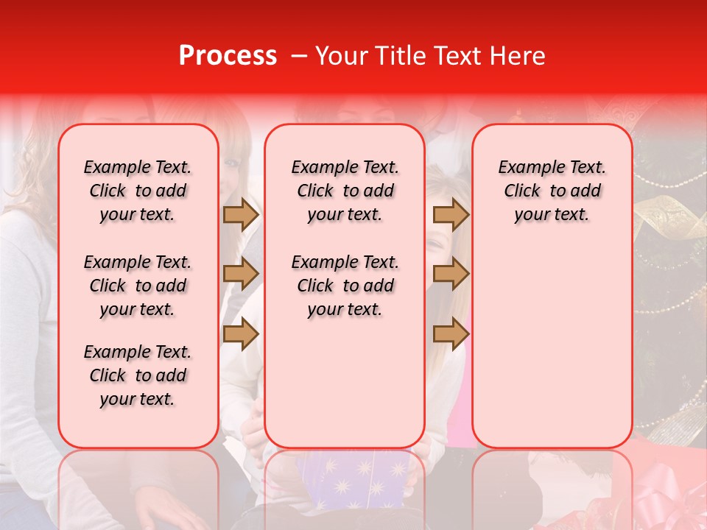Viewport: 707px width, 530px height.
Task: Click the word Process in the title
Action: coord(227,56)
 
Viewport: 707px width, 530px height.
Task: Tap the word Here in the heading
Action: coord(518,56)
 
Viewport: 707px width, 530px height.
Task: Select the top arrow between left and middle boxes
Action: coord(241,215)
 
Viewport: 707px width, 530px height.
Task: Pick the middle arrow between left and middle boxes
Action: coord(241,274)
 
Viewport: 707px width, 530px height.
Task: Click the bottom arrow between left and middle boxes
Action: coord(241,333)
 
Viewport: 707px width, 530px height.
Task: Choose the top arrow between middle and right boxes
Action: coord(451,215)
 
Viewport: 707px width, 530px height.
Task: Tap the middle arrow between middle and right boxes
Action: coord(451,274)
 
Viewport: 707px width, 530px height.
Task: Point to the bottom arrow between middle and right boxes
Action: coord(451,333)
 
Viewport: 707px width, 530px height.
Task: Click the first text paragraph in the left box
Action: coord(138,191)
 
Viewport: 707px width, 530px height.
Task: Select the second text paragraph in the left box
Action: coord(138,286)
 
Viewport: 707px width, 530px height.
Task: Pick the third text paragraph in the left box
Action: coord(138,375)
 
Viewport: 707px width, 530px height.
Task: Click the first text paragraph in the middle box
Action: coord(345,191)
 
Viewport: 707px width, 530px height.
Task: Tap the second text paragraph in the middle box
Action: coord(345,286)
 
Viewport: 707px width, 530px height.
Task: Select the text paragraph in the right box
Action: coord(552,191)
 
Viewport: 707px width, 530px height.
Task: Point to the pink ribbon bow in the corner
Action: coord(663,501)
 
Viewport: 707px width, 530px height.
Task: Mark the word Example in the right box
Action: coord(527,168)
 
